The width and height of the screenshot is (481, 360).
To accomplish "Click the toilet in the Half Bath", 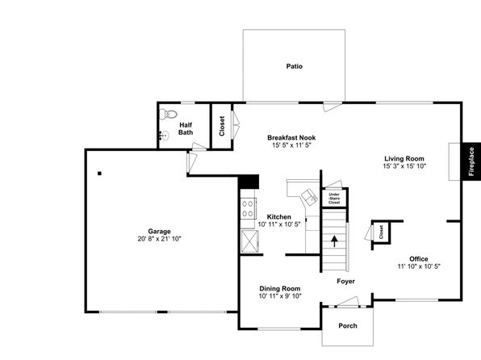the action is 169,114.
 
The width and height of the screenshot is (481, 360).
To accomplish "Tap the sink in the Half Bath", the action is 165,136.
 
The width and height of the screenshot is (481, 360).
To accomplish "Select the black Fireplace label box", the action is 471,161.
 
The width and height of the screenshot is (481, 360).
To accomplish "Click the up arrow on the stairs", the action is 334,241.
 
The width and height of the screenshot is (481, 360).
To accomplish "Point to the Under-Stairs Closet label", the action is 334,199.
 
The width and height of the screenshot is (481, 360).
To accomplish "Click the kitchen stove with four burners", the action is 248,209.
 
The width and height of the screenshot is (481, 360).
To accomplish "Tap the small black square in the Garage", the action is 99,174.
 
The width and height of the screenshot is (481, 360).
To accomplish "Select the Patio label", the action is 295,66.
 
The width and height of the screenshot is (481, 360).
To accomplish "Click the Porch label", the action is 348,325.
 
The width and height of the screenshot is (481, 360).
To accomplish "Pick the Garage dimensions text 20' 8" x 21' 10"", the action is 159,239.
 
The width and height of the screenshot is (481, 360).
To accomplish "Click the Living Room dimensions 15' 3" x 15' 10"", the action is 404,166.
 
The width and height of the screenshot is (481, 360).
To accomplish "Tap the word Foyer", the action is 345,281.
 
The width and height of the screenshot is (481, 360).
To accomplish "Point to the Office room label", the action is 418,259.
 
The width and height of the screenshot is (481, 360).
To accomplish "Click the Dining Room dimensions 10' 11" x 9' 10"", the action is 280,296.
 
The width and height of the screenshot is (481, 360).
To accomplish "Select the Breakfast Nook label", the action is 291,137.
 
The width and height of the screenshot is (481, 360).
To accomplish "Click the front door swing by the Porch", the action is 347,302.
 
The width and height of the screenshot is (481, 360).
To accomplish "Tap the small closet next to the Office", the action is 381,232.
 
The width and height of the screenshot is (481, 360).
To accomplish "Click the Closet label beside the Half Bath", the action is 222,126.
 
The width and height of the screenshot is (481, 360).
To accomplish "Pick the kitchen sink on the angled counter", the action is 309,197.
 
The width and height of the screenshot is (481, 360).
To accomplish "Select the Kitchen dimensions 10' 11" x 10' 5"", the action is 279,224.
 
